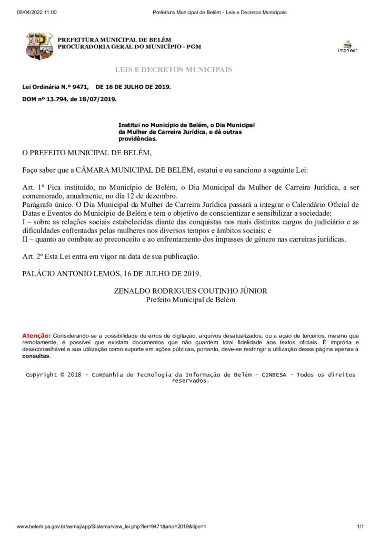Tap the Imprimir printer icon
pos(347,46)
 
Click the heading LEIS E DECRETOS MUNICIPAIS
pos(173,69)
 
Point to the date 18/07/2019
pos(100,98)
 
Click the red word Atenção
pos(36,335)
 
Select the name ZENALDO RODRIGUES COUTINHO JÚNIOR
pos(190,291)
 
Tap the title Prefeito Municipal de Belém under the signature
pos(190,300)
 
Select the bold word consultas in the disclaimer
pos(36,356)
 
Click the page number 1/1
pos(360,526)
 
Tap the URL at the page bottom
pos(111,526)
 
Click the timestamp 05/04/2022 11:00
pos(37,12)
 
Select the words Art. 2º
pos(32,256)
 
